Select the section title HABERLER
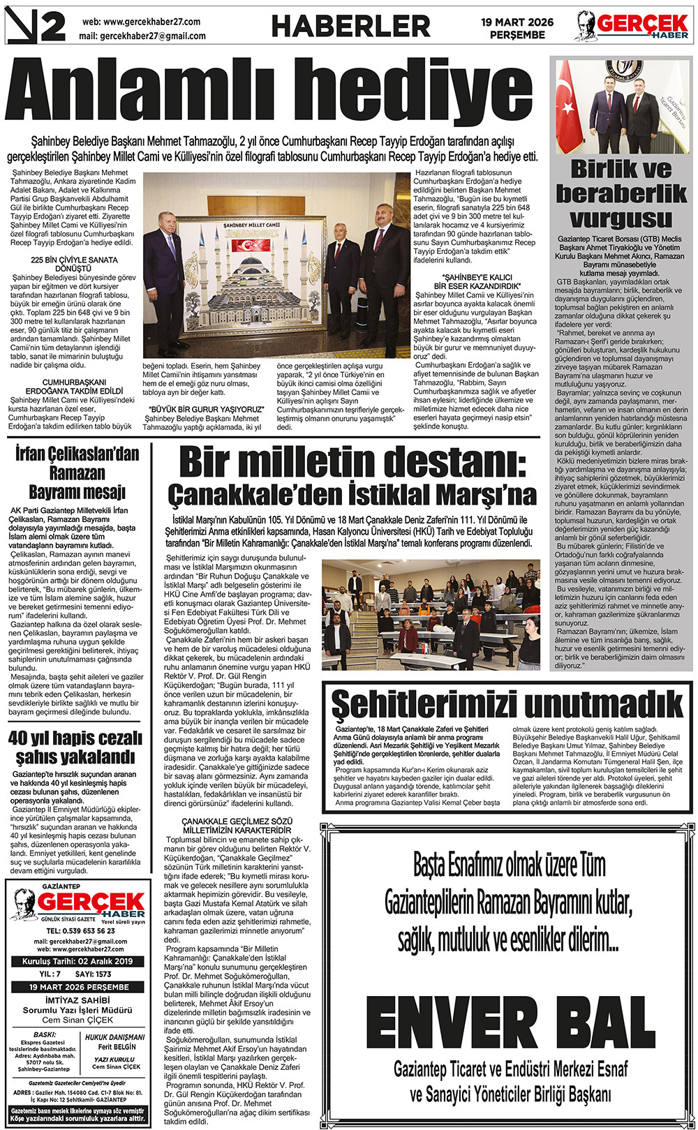click(350, 27)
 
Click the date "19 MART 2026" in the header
click(517, 22)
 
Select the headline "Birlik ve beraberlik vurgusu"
click(621, 193)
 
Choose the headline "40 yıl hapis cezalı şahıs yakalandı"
click(75, 747)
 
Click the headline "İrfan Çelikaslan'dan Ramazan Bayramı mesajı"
click(77, 473)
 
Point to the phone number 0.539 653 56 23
click(80, 930)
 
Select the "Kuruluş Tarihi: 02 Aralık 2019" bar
click(77, 961)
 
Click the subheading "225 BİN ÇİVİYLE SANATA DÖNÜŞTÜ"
click(75, 264)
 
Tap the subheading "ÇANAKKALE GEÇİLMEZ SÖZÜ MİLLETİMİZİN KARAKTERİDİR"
click(237, 826)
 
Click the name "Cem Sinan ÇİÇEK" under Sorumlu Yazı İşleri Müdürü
click(77, 1020)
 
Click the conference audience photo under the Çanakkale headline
click(431, 615)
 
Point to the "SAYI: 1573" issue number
click(94, 974)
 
